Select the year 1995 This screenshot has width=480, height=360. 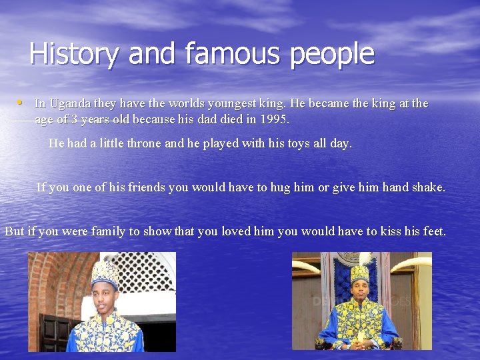pos(275,120)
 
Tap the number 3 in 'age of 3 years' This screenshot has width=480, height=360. pos(75,120)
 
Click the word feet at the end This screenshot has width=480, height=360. pos(434,231)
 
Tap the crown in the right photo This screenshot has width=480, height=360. pos(361,271)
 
